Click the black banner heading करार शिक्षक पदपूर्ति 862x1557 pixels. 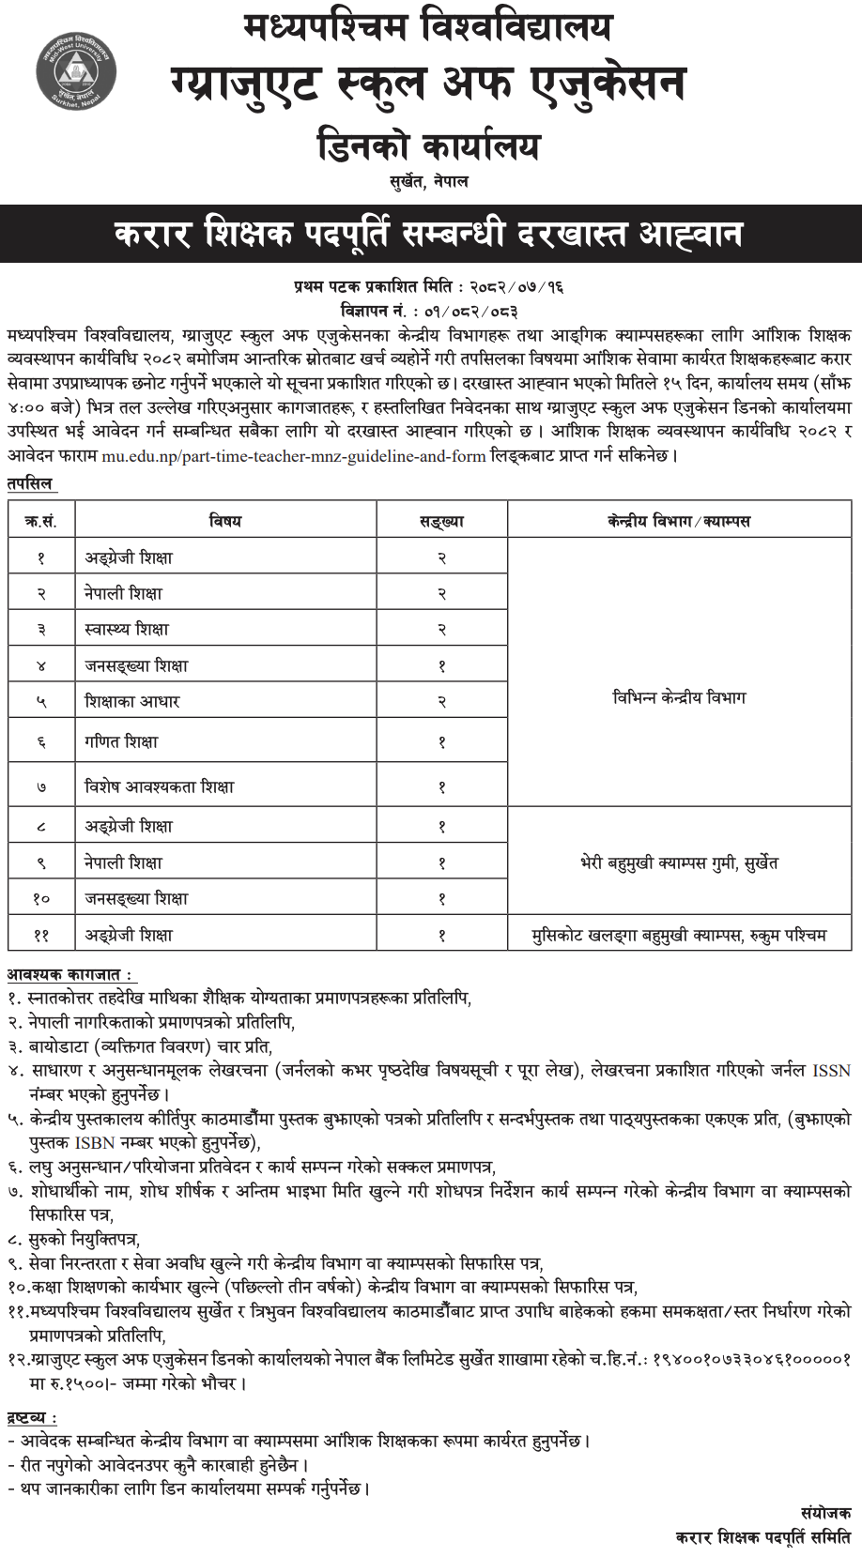[429, 234]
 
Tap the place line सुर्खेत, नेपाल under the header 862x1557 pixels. [429, 181]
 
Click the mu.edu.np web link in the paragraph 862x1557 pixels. [293, 456]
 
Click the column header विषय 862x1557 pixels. [225, 520]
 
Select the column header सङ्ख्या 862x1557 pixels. [441, 520]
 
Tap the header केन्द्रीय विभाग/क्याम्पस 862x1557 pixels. [679, 520]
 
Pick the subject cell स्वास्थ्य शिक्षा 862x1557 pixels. [127, 629]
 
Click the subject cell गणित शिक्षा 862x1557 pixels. [121, 741]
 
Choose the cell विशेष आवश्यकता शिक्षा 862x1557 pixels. [159, 786]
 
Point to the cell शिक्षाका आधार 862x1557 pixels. [131, 701]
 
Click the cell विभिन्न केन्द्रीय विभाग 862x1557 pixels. [679, 697]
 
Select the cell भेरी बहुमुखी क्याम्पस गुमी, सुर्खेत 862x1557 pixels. [679, 862]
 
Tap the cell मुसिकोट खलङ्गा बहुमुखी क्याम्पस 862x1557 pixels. [679, 935]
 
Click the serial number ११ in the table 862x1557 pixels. [41, 935]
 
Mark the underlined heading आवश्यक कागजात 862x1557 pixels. [69, 975]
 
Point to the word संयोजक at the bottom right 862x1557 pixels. [826, 1513]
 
